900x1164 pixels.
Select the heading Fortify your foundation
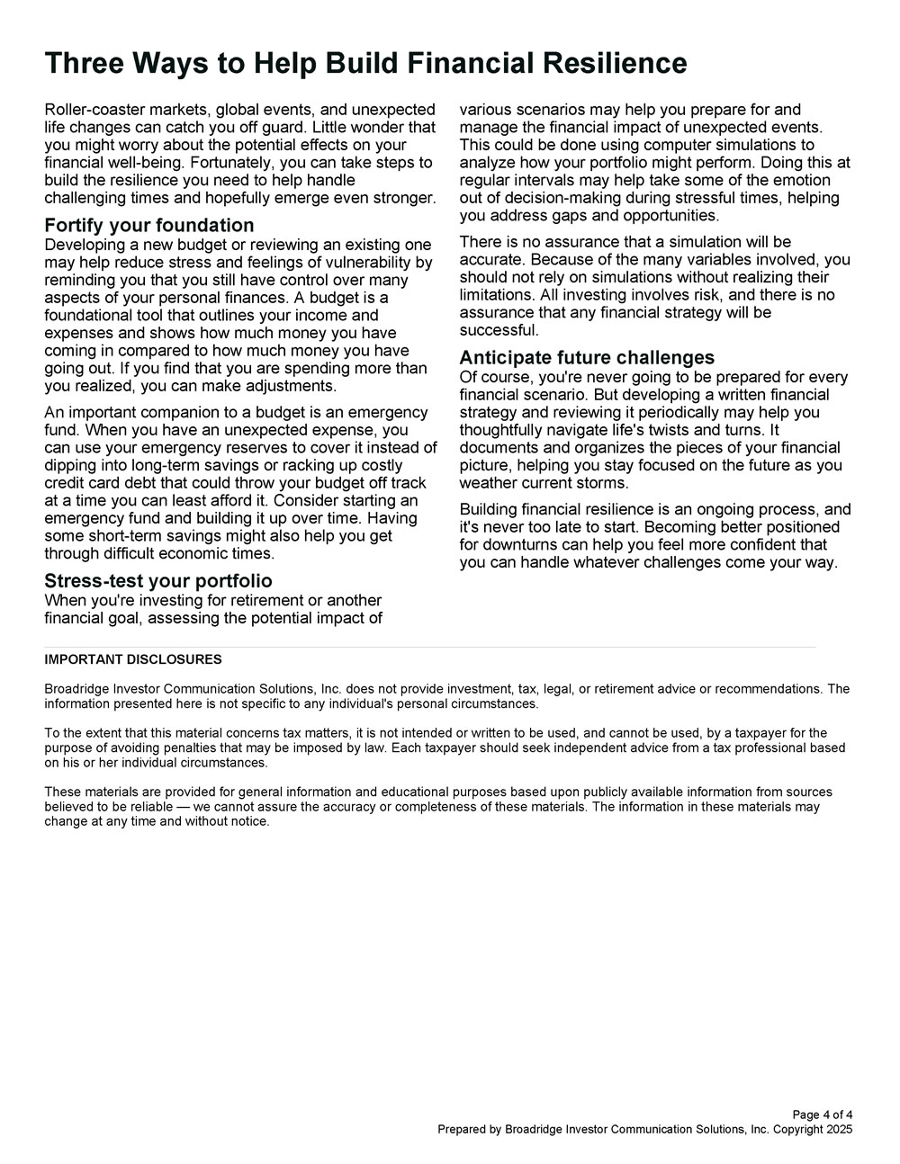point(149,225)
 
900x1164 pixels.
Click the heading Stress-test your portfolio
point(158,580)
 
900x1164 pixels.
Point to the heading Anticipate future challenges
point(587,357)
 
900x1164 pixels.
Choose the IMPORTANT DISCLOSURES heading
point(133,659)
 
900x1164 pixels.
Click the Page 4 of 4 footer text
point(823,1115)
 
